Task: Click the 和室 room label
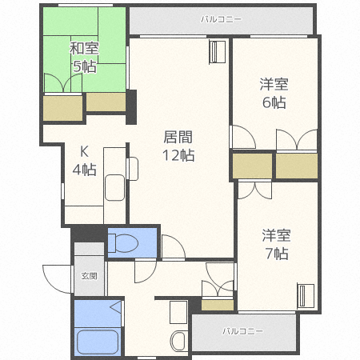pos(84,49)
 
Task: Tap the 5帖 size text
pos(84,66)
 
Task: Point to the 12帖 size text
pos(178,155)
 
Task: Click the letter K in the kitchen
pos(84,151)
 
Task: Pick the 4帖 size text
pos(84,170)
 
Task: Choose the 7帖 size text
pos(276,254)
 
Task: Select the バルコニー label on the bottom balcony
pos(242,330)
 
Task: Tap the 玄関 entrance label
pos(89,276)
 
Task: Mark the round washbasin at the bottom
pos(178,340)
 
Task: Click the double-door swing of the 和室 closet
pos(63,84)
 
